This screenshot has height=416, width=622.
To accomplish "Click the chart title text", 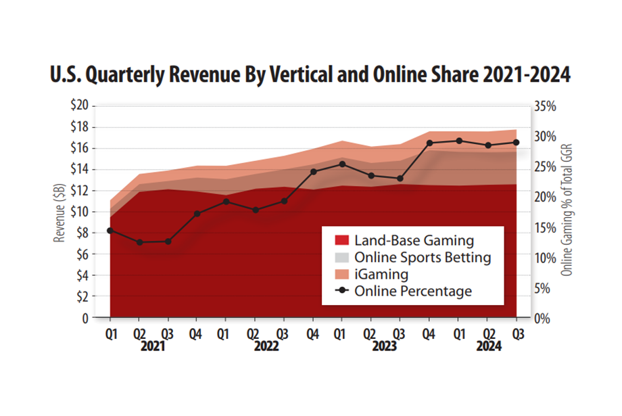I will [x=310, y=75].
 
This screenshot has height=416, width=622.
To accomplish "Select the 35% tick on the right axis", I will [x=545, y=107].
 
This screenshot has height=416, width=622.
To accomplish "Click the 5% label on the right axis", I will [x=545, y=288].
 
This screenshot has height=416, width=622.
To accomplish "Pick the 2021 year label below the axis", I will [x=153, y=345].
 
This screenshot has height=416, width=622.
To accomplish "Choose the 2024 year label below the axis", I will [x=488, y=345].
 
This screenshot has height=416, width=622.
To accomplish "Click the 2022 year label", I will [x=268, y=345].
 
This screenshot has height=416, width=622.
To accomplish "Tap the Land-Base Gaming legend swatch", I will [x=342, y=240].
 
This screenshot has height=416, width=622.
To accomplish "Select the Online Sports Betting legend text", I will [x=423, y=258].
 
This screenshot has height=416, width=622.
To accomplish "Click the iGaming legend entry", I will [x=381, y=275].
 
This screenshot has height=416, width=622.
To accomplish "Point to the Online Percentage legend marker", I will [x=342, y=292].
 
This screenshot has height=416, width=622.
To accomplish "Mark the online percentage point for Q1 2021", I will [x=110, y=231].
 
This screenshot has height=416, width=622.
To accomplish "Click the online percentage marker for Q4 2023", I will [x=429, y=143].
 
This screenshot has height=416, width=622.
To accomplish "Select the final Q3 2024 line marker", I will [x=517, y=142].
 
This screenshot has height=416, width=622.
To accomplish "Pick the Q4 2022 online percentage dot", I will [x=313, y=172].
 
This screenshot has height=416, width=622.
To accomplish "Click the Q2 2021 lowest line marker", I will [x=139, y=242].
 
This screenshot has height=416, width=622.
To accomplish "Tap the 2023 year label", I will [x=385, y=345].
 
